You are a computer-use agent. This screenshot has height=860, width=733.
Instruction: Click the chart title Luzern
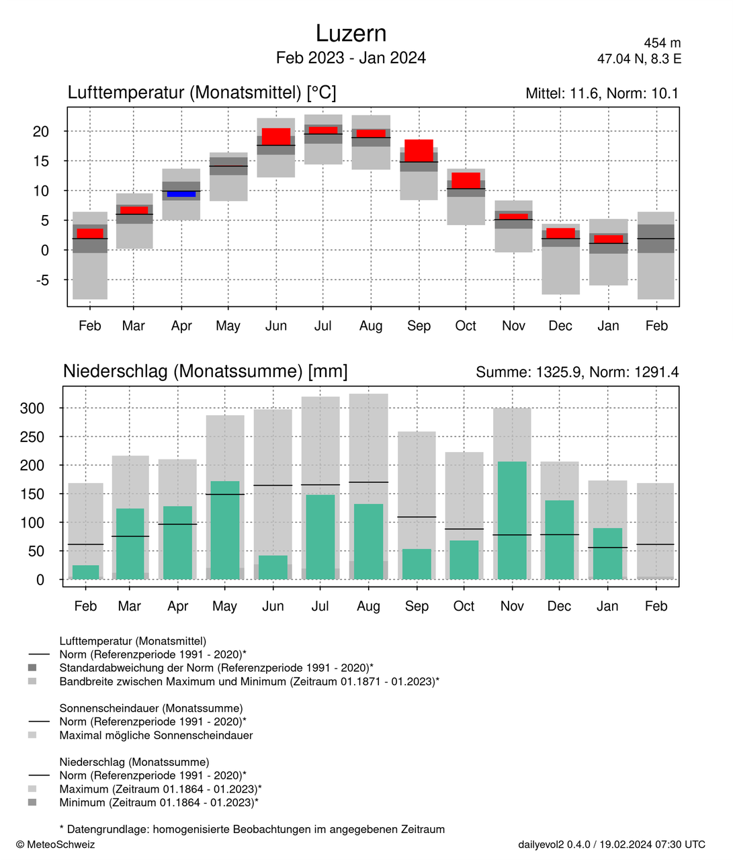coord(351,34)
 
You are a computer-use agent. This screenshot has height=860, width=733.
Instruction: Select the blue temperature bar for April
coord(181,194)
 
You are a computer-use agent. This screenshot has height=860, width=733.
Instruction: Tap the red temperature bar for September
coord(419,150)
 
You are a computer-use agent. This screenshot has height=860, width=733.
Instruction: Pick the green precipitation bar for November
coord(512,520)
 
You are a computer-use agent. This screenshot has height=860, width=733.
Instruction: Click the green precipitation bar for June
coord(273,567)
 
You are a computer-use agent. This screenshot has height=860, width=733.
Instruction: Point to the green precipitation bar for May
coord(225,530)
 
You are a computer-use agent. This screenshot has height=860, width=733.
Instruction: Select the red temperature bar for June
coord(276,136)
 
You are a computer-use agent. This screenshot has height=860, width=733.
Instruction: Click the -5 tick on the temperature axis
coord(41,280)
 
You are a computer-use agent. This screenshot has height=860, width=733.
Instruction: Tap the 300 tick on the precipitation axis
coord(32,408)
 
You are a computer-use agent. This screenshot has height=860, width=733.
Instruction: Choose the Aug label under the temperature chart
coord(371,326)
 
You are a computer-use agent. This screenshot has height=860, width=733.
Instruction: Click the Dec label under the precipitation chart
coord(559,606)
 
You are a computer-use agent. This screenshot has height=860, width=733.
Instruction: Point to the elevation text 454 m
coord(662,43)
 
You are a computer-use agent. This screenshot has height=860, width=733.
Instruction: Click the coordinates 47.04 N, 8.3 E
coord(639,59)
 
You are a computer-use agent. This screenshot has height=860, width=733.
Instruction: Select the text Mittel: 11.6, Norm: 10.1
coord(602,93)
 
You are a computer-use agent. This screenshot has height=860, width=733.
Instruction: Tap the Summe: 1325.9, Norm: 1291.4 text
coord(577,372)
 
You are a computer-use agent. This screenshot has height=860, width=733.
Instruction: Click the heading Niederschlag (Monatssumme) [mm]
coord(205,371)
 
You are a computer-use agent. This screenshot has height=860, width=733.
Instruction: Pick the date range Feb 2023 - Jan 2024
coord(351,58)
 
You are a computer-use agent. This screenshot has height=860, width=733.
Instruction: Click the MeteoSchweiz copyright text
coord(56,845)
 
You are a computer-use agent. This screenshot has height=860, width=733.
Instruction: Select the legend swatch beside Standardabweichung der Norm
coord(32,668)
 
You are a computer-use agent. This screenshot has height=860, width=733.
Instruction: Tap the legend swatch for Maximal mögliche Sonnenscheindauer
coord(32,735)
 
